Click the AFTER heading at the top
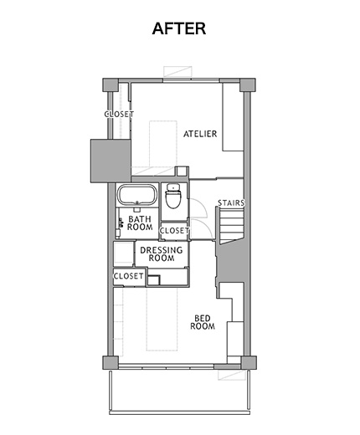179,28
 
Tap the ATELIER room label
200,134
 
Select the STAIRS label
231,202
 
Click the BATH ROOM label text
140,223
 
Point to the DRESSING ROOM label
162,253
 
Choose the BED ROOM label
203,322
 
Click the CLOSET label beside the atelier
119,114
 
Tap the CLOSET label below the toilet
174,231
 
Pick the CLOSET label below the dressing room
129,276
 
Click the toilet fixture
173,196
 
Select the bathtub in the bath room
136,195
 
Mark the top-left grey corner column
111,84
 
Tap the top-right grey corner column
248,84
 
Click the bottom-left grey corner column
111,363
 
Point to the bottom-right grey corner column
249,363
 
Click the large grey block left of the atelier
111,161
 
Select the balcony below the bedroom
179,391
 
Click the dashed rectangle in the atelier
163,143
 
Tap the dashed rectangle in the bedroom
162,319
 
